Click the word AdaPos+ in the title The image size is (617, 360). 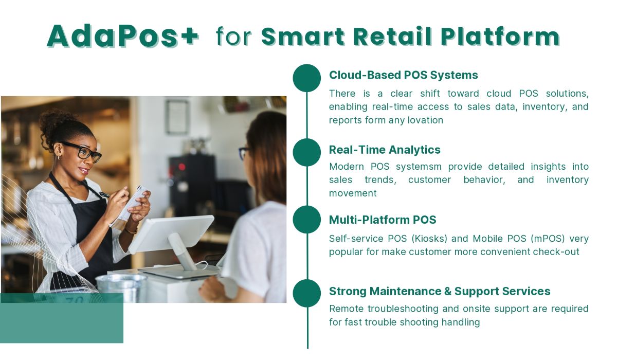[x=122, y=36]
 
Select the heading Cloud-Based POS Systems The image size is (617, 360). [x=403, y=75]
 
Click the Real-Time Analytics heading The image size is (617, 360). [x=385, y=150]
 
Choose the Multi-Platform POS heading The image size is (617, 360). [x=383, y=220]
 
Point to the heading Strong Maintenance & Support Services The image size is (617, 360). [x=440, y=291]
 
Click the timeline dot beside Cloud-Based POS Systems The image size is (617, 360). [x=307, y=78]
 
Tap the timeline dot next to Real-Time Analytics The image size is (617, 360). [x=307, y=152]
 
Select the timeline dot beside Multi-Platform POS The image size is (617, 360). [x=307, y=220]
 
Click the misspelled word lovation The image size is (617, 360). [x=423, y=120]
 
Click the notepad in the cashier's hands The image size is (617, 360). [x=132, y=202]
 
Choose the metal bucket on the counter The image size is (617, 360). [x=121, y=287]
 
